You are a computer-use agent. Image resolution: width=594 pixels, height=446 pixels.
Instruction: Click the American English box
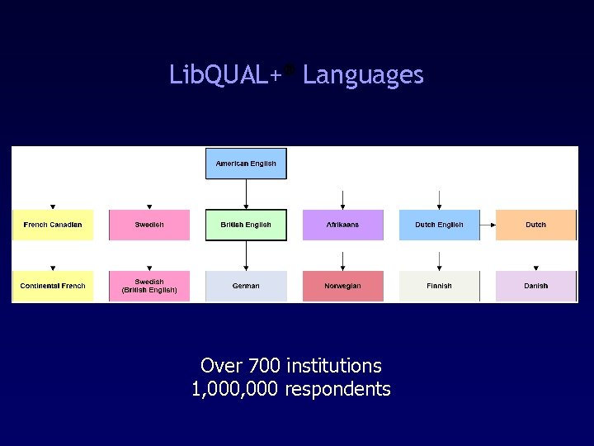[x=246, y=164]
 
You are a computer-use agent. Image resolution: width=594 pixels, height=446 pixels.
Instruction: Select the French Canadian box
[x=53, y=225]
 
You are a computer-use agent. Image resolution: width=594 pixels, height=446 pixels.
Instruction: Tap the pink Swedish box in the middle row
[x=149, y=225]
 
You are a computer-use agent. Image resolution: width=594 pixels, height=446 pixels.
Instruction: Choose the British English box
[x=246, y=225]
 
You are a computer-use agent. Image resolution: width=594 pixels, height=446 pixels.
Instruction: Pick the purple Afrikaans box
[x=342, y=225]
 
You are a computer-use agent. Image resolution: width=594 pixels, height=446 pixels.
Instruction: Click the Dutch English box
[x=439, y=225]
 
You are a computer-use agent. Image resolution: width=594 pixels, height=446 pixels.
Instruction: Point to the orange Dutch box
[x=535, y=225]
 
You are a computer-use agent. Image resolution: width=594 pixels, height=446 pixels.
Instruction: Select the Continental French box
[x=53, y=286]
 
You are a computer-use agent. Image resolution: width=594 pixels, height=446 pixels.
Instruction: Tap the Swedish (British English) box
[x=149, y=286]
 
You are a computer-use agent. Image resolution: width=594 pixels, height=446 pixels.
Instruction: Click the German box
[x=246, y=286]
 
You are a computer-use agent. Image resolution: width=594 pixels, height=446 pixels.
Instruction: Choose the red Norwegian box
[x=342, y=286]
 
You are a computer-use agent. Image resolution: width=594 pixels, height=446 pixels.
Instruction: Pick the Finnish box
[x=439, y=286]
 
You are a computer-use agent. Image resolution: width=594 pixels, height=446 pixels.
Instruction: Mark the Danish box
[x=535, y=286]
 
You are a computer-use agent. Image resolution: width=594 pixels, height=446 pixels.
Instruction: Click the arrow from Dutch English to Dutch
[x=488, y=224]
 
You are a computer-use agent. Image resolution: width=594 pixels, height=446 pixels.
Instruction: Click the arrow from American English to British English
[x=246, y=194]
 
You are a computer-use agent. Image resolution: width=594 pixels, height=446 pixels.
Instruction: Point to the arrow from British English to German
[x=246, y=255]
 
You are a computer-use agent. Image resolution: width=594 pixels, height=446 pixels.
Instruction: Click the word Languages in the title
[x=363, y=76]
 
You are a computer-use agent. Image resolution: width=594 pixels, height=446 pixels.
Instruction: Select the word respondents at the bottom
[x=337, y=389]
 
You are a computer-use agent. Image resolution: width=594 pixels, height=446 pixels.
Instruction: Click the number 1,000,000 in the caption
[x=235, y=389]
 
